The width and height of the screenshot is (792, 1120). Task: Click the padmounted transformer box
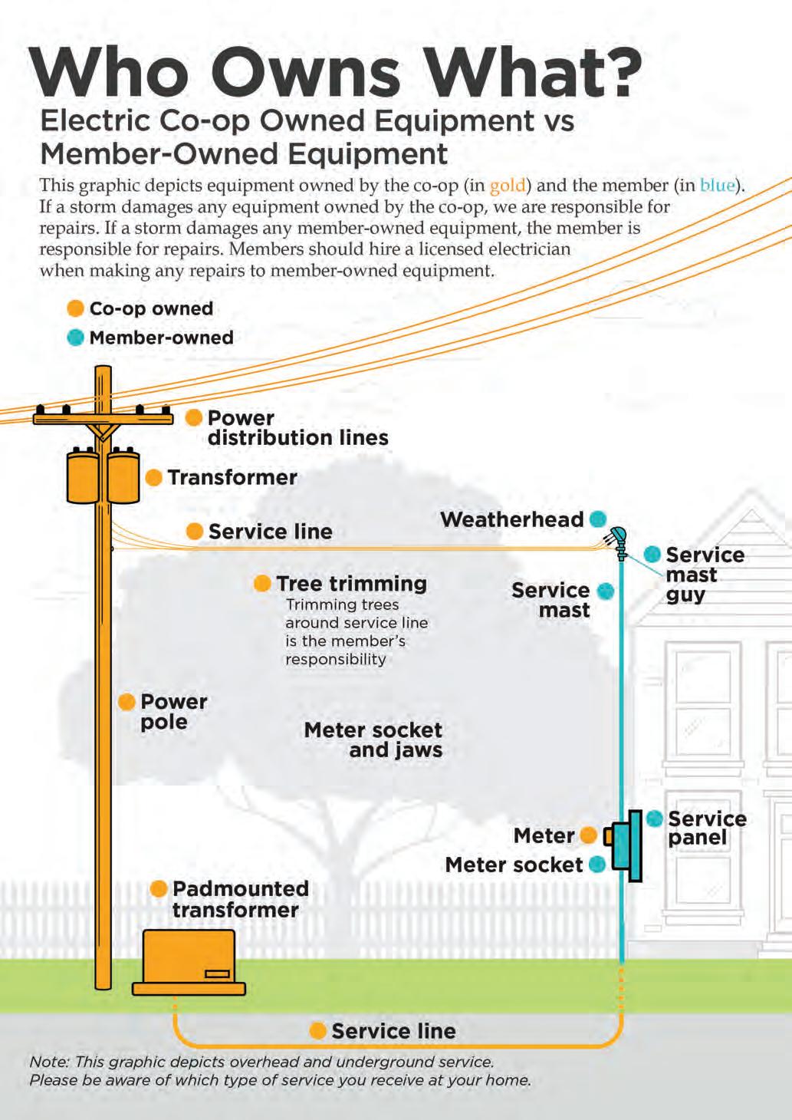pyautogui.click(x=189, y=960)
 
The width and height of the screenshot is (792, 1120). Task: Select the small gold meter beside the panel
pyautogui.click(x=608, y=835)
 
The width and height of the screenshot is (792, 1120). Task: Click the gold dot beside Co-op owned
pyautogui.click(x=75, y=308)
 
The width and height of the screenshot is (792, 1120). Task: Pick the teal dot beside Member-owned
pyautogui.click(x=75, y=338)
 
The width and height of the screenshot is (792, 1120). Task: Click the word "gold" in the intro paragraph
pyautogui.click(x=507, y=186)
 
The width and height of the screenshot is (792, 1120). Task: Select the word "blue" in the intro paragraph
pyautogui.click(x=717, y=186)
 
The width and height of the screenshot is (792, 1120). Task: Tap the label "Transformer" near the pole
pyautogui.click(x=232, y=477)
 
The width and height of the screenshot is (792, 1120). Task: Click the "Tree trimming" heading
pyautogui.click(x=351, y=584)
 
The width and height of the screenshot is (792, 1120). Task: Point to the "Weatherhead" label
pyautogui.click(x=511, y=519)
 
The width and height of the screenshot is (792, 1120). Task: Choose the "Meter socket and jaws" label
pyautogui.click(x=373, y=740)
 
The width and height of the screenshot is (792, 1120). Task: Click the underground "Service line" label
pyautogui.click(x=393, y=1031)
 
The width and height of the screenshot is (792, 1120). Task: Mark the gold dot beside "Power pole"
pyautogui.click(x=127, y=702)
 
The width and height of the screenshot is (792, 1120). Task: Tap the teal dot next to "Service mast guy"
pyautogui.click(x=652, y=554)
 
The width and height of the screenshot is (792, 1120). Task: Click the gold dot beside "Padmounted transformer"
pyautogui.click(x=159, y=889)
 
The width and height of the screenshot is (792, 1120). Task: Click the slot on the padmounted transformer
pyautogui.click(x=217, y=974)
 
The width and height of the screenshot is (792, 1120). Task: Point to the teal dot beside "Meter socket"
pyautogui.click(x=597, y=865)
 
